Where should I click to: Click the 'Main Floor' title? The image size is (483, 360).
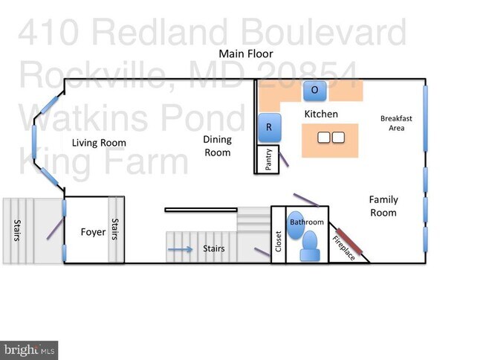pos(245,54)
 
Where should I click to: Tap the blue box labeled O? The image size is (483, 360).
pos(314,91)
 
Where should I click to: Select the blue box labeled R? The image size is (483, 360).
pos(268,127)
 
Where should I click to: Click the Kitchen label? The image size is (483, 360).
pos(321,114)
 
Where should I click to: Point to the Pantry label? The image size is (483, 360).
pos(268,160)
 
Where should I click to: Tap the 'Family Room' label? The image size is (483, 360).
pos(383,206)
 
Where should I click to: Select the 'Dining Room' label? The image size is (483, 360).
pos(217,146)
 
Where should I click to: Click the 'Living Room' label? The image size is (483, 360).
pos(99,143)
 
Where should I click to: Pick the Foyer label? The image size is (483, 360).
pos(93,232)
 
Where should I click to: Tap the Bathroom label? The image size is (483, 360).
pos(307,222)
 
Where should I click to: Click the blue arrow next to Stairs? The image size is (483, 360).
pos(179,249)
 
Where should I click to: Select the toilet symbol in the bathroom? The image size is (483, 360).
pos(309,245)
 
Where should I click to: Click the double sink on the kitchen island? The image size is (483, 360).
pos(331,138)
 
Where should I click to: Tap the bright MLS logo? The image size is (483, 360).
pos(29,350)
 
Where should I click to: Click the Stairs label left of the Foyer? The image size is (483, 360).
pos(16,231)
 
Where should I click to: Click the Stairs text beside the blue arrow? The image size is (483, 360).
pos(214,249)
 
